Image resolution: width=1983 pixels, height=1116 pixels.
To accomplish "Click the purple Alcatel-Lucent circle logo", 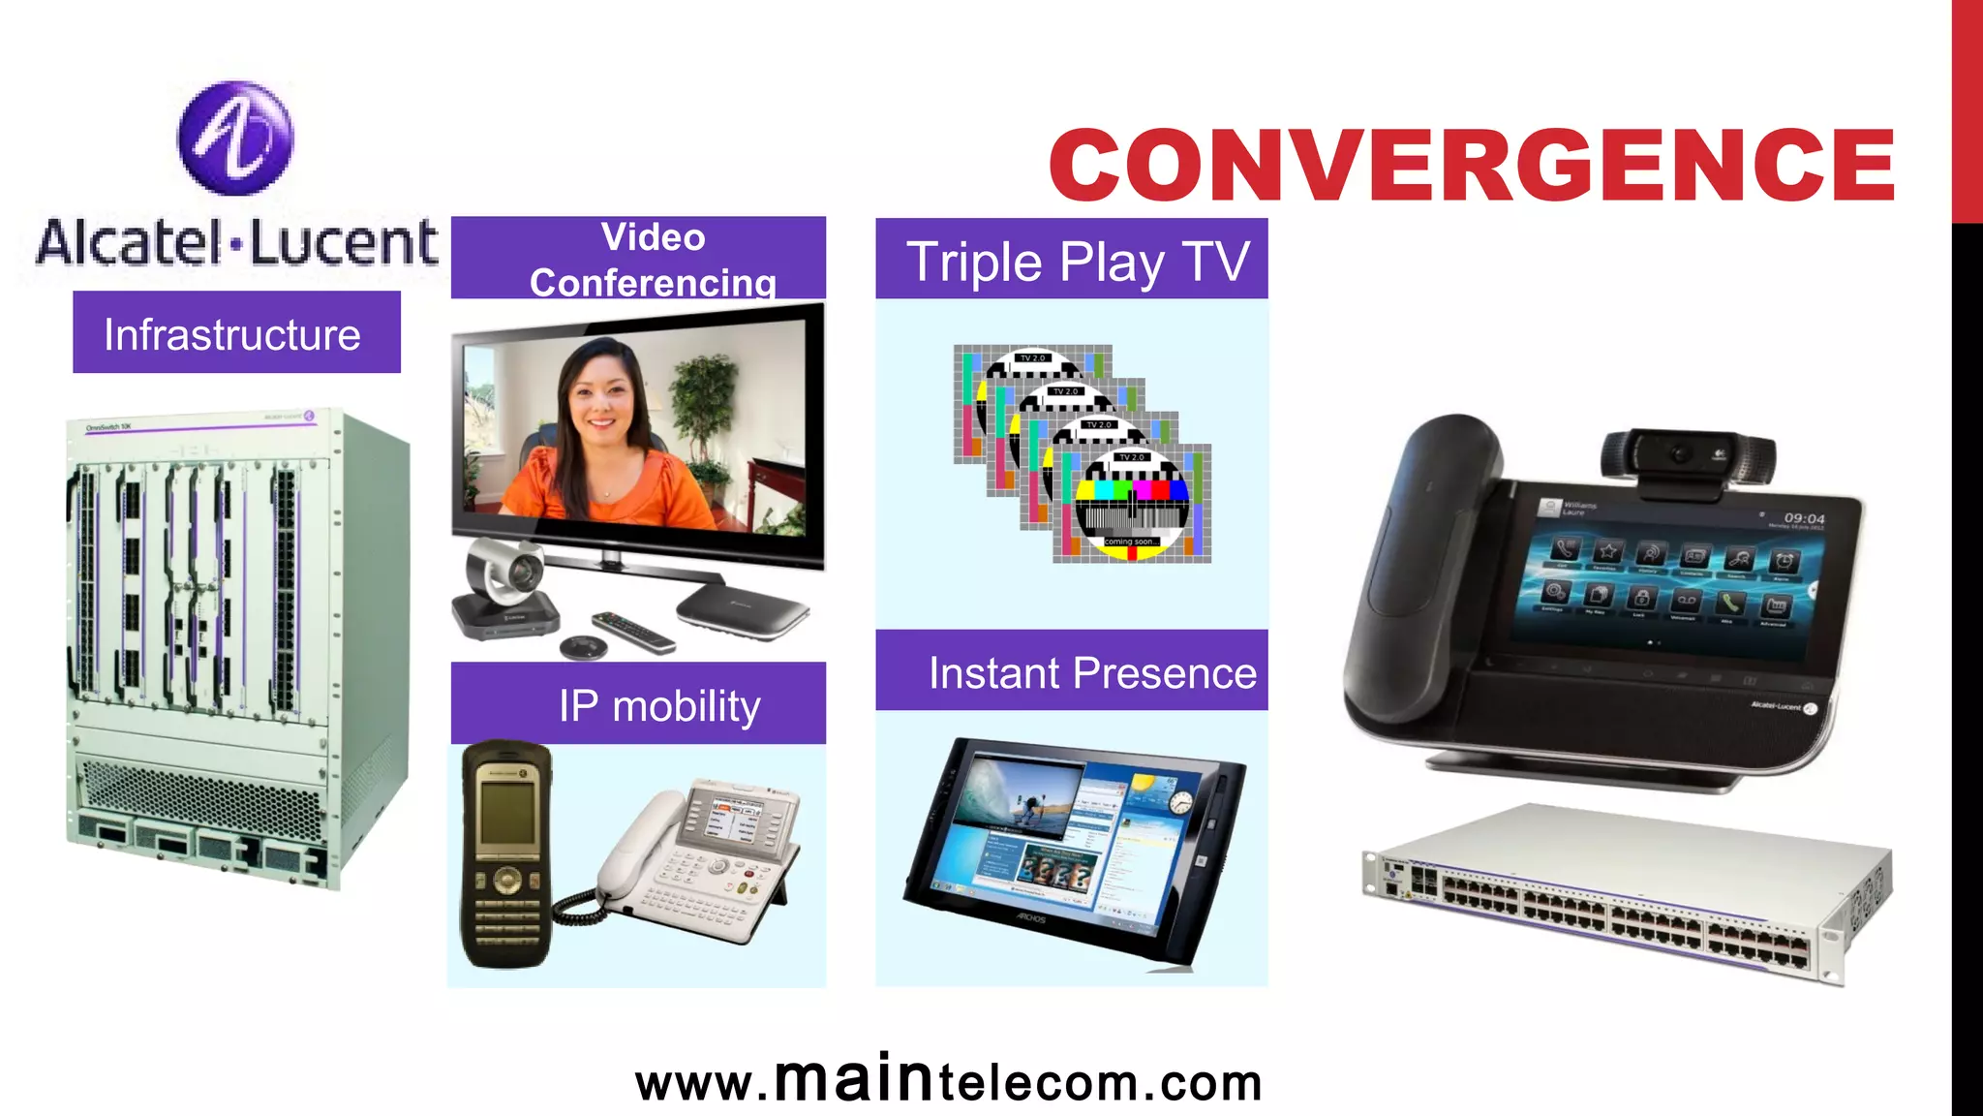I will pos(235,138).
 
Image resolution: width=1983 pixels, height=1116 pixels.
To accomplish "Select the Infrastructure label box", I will pos(236,332).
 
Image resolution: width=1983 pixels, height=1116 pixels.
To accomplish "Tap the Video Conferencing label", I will pos(639,258).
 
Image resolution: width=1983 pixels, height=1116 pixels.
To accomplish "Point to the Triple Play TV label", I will pos(1072,260).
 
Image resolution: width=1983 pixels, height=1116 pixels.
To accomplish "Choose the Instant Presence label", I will pos(1072,670).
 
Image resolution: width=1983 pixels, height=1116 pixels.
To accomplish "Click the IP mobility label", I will pos(639,703).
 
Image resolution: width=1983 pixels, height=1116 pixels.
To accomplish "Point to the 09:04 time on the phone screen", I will pos(1804,518).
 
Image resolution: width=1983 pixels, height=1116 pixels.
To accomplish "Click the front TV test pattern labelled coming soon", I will pos(1131,504).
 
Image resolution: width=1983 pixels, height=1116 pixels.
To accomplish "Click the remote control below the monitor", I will pos(633,631).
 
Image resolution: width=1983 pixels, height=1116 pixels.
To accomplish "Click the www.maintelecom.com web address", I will pos(949,1082).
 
